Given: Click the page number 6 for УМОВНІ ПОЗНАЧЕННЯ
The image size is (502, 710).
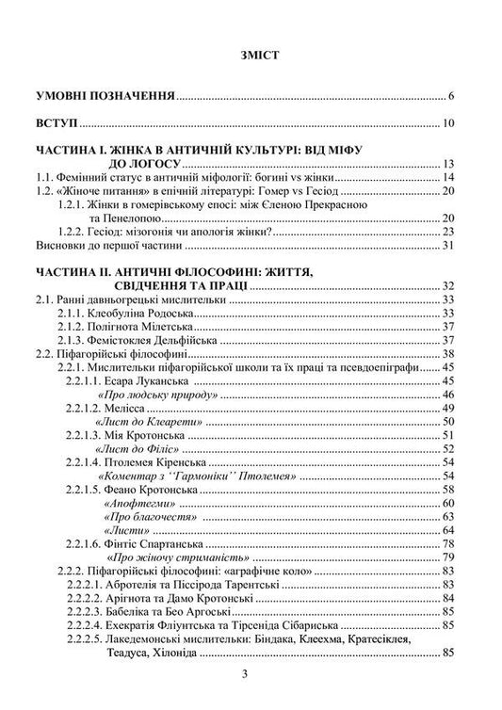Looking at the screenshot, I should tap(452, 96).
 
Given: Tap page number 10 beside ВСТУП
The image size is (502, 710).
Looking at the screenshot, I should tap(449, 122).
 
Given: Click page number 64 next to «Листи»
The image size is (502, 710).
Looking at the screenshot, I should tap(449, 530).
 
